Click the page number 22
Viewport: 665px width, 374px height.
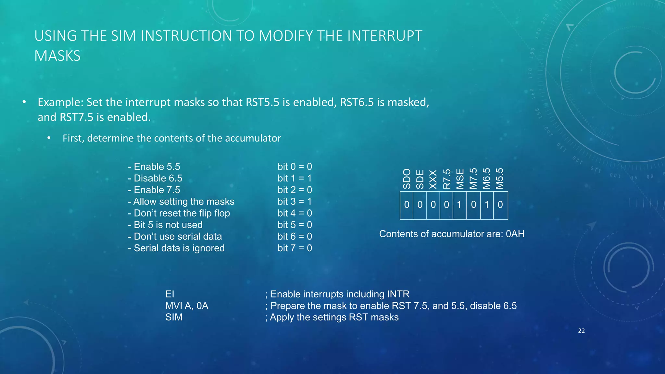pyautogui.click(x=581, y=331)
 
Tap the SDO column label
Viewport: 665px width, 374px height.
pyautogui.click(x=407, y=179)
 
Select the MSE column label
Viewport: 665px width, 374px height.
pyautogui.click(x=460, y=179)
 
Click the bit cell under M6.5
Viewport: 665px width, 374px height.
pyautogui.click(x=487, y=205)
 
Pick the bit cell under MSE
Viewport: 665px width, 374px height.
pyautogui.click(x=459, y=205)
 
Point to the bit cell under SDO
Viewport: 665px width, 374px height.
pyautogui.click(x=407, y=205)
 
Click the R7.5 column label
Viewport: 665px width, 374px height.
pyautogui.click(x=447, y=179)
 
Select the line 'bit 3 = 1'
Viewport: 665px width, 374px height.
pyautogui.click(x=295, y=202)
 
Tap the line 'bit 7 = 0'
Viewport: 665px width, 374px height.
pyautogui.click(x=295, y=248)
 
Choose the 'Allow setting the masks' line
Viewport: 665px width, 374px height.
pyautogui.click(x=181, y=202)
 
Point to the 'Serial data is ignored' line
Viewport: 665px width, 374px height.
pyautogui.click(x=176, y=248)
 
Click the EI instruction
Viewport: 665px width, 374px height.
pyautogui.click(x=169, y=294)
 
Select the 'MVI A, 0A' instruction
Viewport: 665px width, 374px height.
pyautogui.click(x=187, y=306)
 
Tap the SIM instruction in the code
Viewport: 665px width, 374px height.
pyautogui.click(x=174, y=317)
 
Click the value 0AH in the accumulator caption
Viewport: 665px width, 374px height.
pyautogui.click(x=515, y=234)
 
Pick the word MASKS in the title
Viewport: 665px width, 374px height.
pyautogui.click(x=57, y=56)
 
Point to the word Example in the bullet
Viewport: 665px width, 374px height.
pyautogui.click(x=60, y=102)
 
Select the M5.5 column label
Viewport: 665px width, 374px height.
pyautogui.click(x=500, y=179)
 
